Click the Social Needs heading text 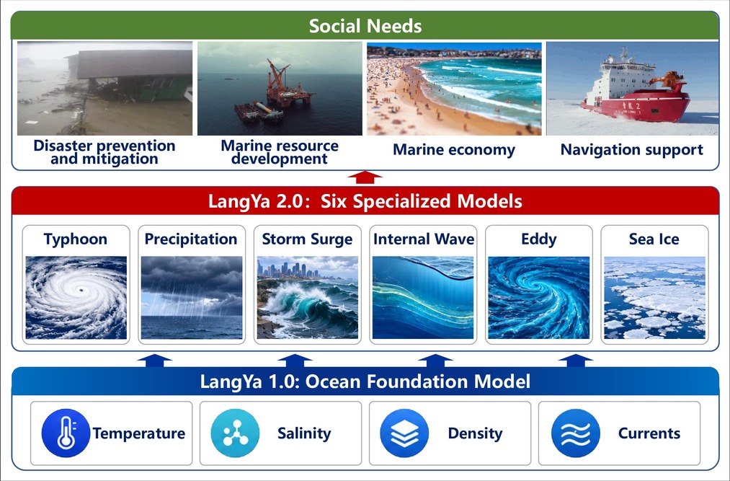(365, 26)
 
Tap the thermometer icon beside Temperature (66, 433)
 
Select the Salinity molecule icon (235, 433)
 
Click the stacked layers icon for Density (404, 433)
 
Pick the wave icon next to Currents (576, 433)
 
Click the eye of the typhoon (82, 290)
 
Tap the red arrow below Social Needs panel (365, 177)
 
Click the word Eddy (538, 239)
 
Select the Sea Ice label (654, 239)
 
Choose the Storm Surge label (307, 239)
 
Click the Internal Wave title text (424, 239)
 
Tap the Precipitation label (191, 239)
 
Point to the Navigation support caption (632, 149)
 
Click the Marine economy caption (454, 149)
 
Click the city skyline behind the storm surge (289, 270)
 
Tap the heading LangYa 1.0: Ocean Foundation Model (365, 381)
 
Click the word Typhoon (76, 239)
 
